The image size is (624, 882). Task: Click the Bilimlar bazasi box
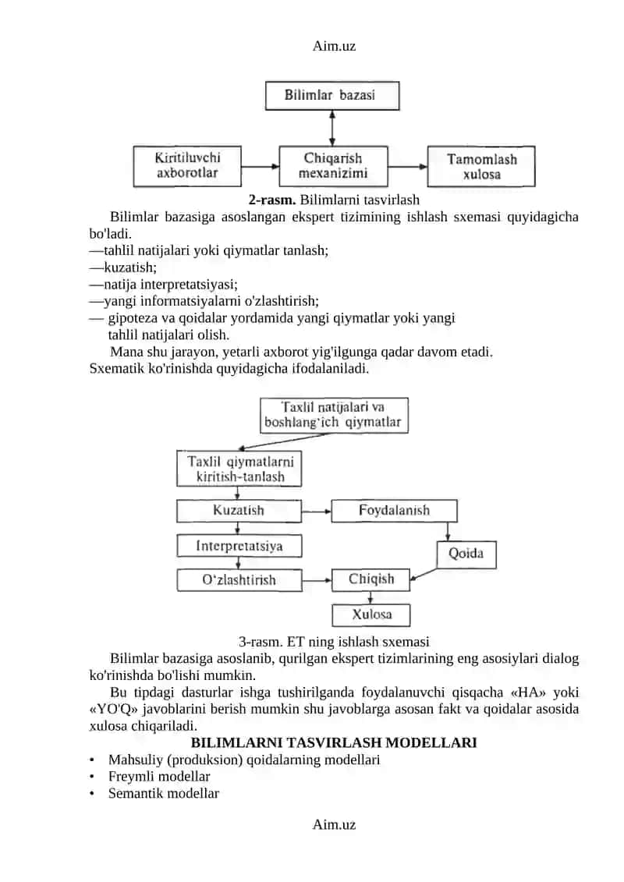click(x=332, y=96)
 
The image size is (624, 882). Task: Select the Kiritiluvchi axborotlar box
click(x=187, y=167)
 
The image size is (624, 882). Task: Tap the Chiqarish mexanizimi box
click(x=333, y=167)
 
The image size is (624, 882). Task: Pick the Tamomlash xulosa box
click(x=481, y=167)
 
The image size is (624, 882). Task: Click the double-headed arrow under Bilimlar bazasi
click(x=332, y=128)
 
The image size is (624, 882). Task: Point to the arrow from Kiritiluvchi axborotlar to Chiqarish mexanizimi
click(x=260, y=167)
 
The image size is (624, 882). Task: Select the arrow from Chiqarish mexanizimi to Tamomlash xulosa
click(x=408, y=167)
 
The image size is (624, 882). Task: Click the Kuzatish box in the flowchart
click(x=239, y=511)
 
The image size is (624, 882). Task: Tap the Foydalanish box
click(x=394, y=511)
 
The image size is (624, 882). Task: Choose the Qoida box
click(x=466, y=554)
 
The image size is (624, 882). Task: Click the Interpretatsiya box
click(x=239, y=546)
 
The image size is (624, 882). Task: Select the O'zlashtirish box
click(x=239, y=580)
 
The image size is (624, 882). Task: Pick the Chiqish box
click(x=370, y=580)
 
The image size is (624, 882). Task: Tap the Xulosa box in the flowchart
click(x=370, y=615)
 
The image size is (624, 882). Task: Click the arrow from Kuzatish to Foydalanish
click(x=316, y=512)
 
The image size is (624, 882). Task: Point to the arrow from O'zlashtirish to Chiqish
click(x=317, y=580)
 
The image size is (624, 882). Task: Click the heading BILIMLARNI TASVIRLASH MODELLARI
click(x=334, y=742)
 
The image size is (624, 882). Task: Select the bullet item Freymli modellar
click(x=159, y=777)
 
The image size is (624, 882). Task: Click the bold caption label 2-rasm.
click(x=272, y=200)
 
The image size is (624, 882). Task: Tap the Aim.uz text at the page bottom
click(x=334, y=824)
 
